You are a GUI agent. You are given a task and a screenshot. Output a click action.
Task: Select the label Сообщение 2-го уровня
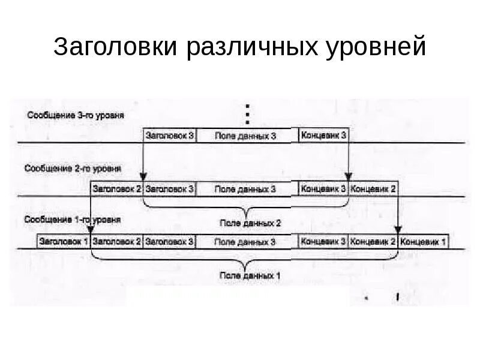(x=73, y=169)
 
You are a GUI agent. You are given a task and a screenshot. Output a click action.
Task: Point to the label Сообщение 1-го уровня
(x=73, y=220)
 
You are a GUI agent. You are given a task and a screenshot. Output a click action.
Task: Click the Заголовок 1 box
(x=64, y=242)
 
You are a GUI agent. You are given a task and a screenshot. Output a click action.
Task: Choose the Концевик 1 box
(x=424, y=242)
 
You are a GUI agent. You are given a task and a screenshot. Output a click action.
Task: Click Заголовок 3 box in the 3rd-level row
(x=170, y=136)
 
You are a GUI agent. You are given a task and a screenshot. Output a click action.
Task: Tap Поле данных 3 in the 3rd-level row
(x=246, y=136)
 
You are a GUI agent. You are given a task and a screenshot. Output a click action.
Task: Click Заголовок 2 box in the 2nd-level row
(x=117, y=189)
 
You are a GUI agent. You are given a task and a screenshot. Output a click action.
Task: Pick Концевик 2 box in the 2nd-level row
(x=373, y=189)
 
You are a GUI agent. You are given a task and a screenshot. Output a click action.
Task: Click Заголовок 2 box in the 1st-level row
(x=117, y=242)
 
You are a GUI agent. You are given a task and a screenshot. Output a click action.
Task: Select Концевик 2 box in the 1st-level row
(x=373, y=242)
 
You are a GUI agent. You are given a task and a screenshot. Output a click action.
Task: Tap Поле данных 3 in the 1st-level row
(x=246, y=242)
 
